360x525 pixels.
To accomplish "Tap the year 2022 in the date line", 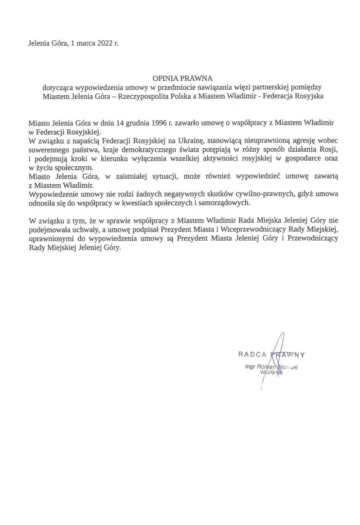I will click(x=103, y=43).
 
